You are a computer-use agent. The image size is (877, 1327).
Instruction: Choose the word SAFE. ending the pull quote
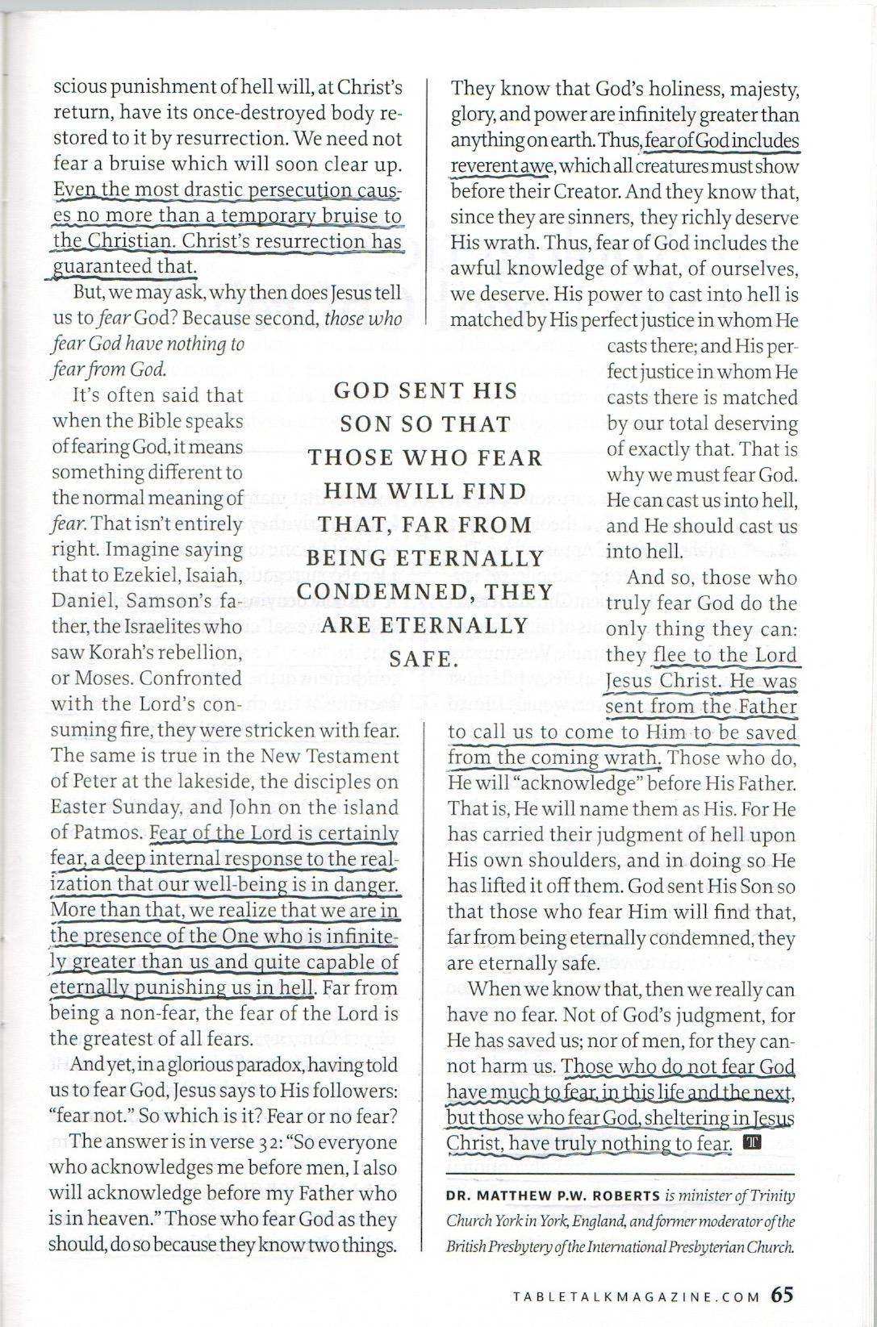click(419, 659)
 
